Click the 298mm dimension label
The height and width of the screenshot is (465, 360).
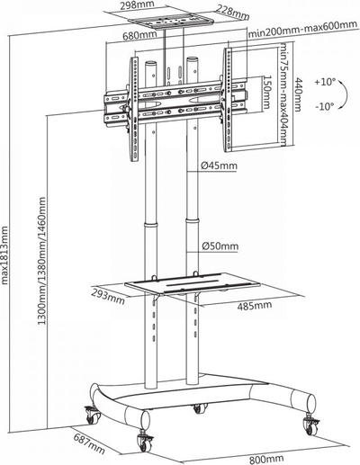(x=137, y=4)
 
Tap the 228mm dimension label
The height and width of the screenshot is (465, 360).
(x=233, y=11)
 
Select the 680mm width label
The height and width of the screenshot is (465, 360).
(x=139, y=36)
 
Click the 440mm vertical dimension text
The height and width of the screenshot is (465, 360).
(x=297, y=94)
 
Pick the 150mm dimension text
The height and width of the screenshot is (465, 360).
(x=266, y=92)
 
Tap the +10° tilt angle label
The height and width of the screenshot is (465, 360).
(x=325, y=82)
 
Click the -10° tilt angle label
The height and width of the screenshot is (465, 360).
(x=325, y=106)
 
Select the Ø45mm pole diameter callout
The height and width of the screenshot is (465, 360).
(x=219, y=165)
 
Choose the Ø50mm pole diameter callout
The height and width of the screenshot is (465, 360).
(x=220, y=246)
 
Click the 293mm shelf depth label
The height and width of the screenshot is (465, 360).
(x=108, y=295)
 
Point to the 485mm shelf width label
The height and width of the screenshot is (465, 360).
(x=255, y=306)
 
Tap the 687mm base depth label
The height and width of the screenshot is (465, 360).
(x=89, y=445)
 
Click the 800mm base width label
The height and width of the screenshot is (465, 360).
(x=266, y=459)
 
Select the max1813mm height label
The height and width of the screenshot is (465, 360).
(x=4, y=255)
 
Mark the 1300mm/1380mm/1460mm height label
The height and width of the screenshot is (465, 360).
(x=41, y=261)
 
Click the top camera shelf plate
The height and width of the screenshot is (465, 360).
(x=170, y=22)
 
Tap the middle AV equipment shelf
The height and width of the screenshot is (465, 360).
(x=193, y=284)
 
